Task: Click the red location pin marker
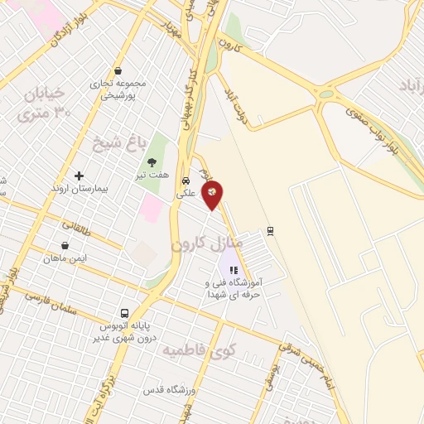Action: (213, 194)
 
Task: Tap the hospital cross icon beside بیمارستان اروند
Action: (79, 176)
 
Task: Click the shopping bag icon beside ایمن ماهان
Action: (65, 246)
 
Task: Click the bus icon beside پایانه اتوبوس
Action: (124, 313)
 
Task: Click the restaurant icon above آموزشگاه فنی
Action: (234, 269)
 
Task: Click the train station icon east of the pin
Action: (270, 230)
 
